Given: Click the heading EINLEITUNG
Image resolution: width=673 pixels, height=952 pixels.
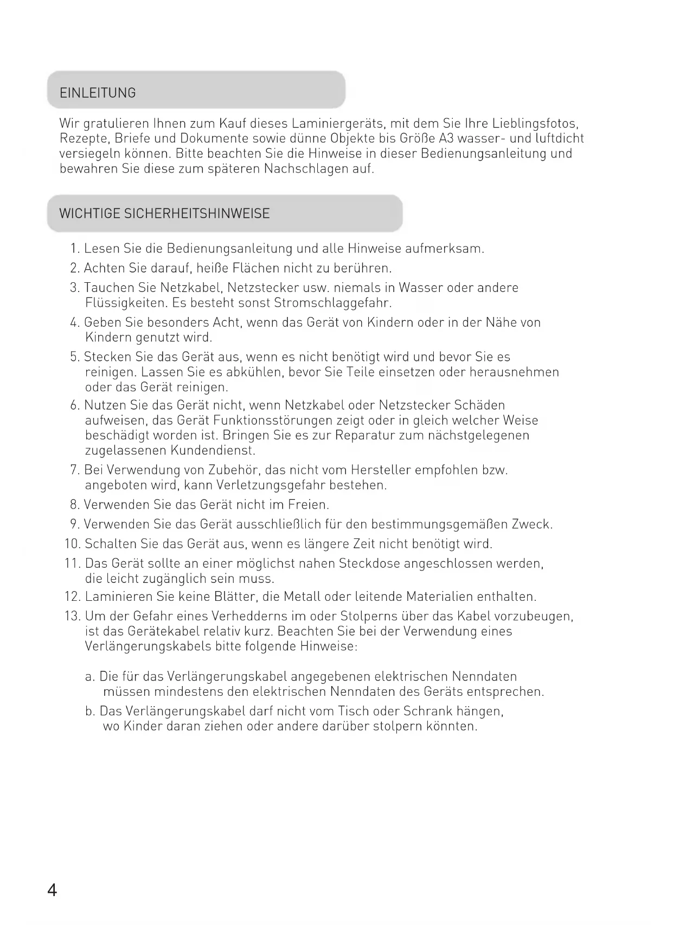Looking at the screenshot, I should point(98,93).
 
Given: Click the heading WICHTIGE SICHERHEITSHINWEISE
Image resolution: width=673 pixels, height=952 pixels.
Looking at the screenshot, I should point(164,213).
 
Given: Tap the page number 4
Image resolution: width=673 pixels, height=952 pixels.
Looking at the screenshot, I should point(52,891).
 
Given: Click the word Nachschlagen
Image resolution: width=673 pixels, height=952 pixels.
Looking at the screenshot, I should point(306,169).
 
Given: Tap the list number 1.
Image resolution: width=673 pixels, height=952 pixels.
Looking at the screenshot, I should point(75,249).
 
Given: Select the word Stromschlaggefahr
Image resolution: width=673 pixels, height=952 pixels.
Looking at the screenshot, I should point(332,302).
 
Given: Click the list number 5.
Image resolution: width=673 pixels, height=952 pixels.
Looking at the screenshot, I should point(75,357).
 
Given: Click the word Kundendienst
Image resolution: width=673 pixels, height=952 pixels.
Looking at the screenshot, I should point(213,450).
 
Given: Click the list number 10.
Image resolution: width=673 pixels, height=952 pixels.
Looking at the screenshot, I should point(72,544).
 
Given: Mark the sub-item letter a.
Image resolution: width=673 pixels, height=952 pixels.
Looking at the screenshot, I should point(89,677).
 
